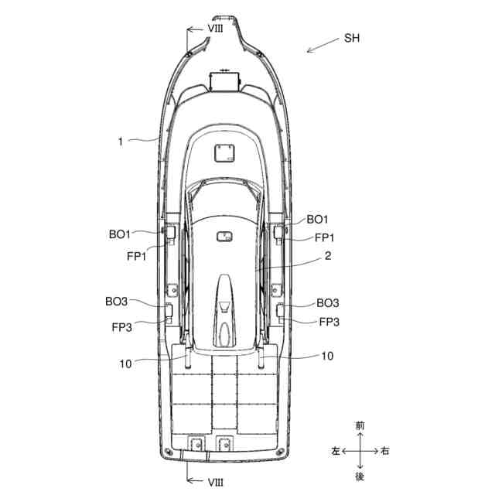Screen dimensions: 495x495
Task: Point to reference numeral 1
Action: [121, 142]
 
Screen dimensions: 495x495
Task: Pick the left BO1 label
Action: [120, 233]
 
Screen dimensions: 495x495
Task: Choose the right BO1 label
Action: [318, 220]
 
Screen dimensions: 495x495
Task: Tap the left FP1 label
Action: [137, 256]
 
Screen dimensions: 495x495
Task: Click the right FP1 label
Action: [324, 237]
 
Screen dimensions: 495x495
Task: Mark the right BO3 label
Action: [328, 303]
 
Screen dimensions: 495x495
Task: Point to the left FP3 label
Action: [122, 327]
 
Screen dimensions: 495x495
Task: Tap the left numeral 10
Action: [126, 362]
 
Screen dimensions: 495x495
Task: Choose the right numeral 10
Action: [327, 357]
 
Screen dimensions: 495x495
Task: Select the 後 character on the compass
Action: [360, 475]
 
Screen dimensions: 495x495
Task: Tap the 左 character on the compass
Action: [335, 450]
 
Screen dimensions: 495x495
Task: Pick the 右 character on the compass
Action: [385, 450]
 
